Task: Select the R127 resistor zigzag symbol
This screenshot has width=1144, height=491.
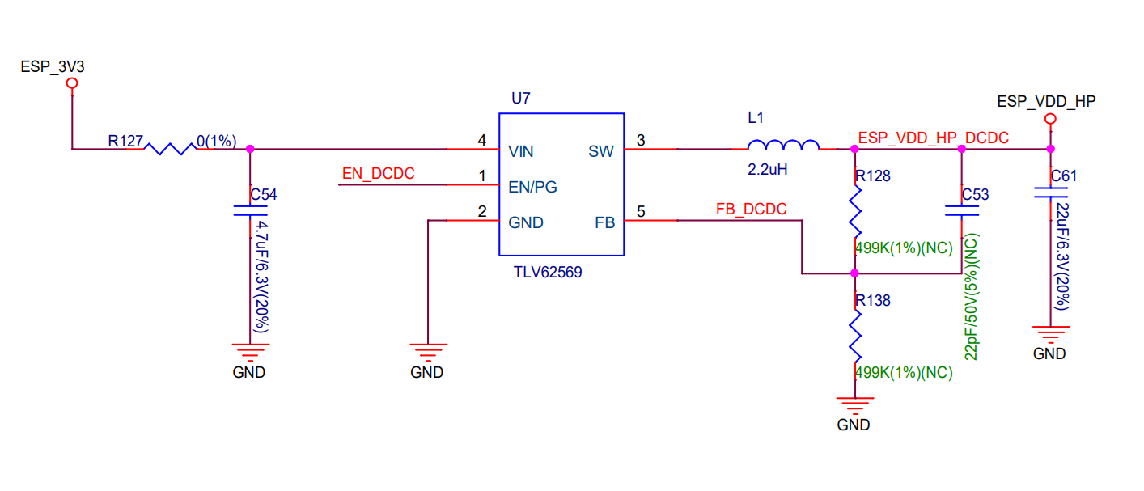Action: (171, 149)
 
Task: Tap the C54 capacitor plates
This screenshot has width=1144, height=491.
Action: (250, 211)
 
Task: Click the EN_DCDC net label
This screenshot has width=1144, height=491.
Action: (378, 174)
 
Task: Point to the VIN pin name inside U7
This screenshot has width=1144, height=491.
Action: (520, 151)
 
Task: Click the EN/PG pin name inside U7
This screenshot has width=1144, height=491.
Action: (532, 188)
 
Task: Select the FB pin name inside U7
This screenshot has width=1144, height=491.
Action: (604, 222)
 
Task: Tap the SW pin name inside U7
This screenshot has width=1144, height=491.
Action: (600, 151)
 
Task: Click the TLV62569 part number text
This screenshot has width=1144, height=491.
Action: (548, 272)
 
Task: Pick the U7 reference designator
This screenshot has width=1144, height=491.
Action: (520, 98)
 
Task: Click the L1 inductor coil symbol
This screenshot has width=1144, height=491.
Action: (783, 145)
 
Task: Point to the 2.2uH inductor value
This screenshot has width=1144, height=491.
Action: (767, 169)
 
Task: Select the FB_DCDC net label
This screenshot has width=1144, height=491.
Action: (751, 209)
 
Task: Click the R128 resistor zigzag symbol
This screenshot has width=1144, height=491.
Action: (855, 212)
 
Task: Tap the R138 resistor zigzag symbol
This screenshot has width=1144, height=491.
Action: (855, 337)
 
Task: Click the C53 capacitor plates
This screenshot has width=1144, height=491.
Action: (962, 211)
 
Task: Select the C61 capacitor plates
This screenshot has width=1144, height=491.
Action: (1050, 193)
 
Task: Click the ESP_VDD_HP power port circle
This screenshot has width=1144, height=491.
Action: (1050, 119)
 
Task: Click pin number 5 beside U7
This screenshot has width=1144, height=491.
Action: (641, 211)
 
